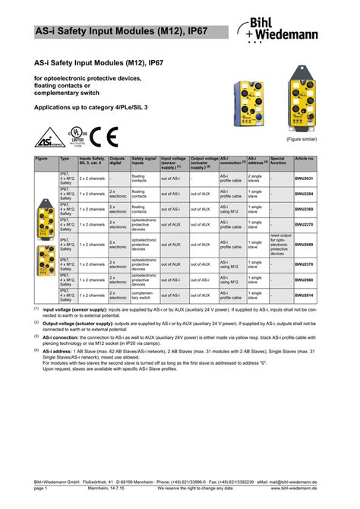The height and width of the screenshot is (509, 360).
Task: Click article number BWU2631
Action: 303,179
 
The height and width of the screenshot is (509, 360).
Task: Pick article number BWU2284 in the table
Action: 303,194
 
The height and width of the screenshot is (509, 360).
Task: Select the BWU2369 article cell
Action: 303,208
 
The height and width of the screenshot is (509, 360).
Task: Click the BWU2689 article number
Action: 303,245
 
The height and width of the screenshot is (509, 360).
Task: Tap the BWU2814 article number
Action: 303,294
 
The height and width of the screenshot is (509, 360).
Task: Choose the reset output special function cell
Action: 280,245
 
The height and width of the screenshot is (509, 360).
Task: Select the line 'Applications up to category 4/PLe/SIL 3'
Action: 93,108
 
